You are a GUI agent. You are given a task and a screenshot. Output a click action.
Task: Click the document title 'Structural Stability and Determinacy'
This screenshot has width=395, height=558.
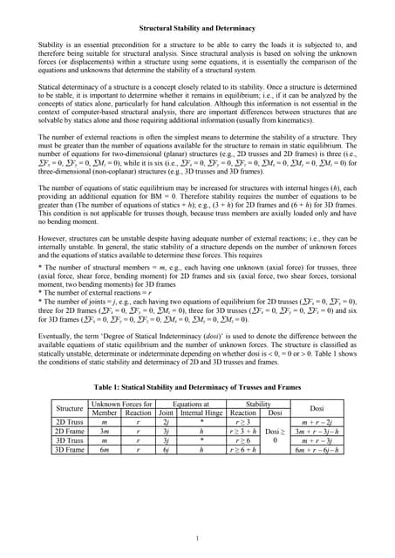tap(197, 29)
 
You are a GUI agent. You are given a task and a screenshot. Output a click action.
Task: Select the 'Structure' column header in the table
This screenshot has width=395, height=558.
tap(70, 407)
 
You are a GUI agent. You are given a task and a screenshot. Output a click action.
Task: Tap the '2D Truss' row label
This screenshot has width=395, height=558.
tap(70, 421)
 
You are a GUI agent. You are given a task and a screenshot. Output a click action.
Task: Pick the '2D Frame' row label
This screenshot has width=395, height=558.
tap(70, 431)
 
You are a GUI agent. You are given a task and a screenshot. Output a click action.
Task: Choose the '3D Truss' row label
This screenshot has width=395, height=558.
tap(70, 441)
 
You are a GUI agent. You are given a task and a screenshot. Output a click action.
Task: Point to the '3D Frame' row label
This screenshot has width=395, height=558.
tap(70, 451)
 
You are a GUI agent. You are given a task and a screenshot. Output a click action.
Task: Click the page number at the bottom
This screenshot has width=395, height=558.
tap(198, 537)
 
